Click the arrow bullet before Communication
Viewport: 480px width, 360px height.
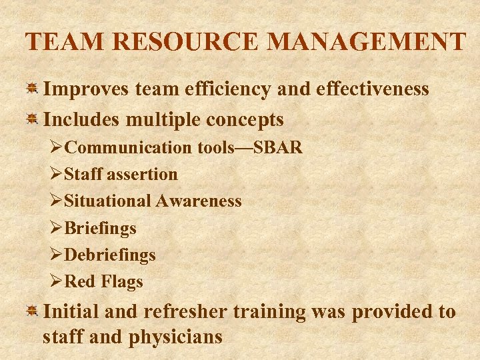click(x=57, y=147)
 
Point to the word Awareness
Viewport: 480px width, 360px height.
click(x=199, y=201)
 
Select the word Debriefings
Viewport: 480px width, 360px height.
click(x=111, y=255)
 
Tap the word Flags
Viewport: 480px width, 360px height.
click(x=122, y=282)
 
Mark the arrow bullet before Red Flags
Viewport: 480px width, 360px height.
click(x=57, y=282)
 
